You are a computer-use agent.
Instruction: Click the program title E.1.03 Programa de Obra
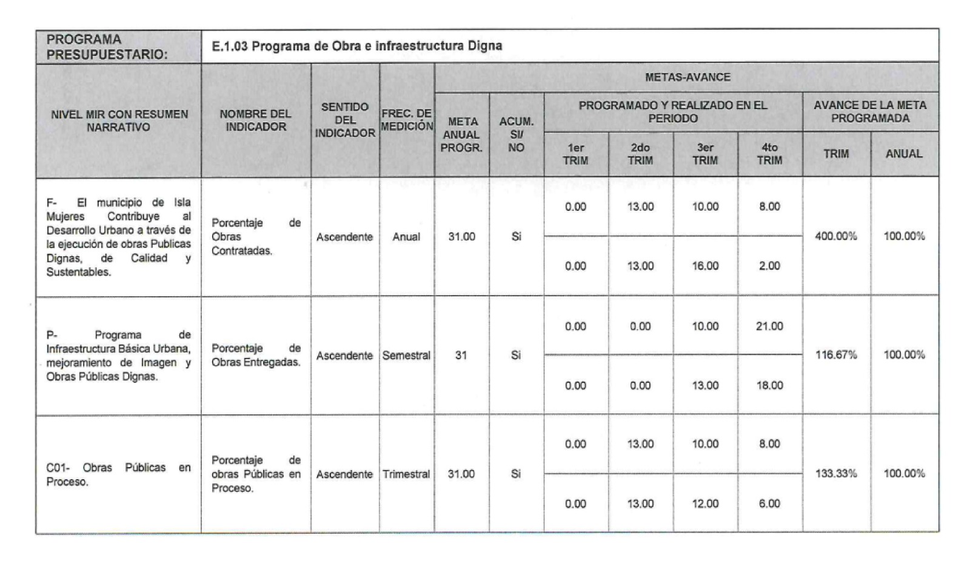click(x=356, y=46)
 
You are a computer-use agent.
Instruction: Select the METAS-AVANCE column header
click(x=687, y=77)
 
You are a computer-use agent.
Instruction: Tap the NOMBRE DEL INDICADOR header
click(x=255, y=120)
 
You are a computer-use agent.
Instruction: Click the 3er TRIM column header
click(x=705, y=154)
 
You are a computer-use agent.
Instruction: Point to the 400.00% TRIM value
click(x=836, y=236)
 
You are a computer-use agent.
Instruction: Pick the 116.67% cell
click(x=836, y=355)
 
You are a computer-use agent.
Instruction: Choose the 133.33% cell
click(x=836, y=474)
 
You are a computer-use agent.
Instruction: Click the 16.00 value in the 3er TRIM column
click(x=705, y=266)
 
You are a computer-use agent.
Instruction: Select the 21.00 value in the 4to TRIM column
click(x=769, y=326)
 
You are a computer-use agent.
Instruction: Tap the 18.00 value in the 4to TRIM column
click(x=769, y=385)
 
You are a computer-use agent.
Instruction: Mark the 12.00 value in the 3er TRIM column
click(x=705, y=503)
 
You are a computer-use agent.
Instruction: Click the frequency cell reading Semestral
click(x=406, y=356)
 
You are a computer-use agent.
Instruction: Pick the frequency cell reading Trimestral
click(x=406, y=474)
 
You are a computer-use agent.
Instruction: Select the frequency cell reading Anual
click(x=406, y=237)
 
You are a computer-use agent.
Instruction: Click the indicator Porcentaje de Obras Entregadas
click(x=255, y=355)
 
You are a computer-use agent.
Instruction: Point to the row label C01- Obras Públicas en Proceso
click(x=118, y=474)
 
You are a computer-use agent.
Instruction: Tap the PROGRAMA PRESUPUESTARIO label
click(x=107, y=47)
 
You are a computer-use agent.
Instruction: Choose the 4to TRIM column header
click(x=769, y=154)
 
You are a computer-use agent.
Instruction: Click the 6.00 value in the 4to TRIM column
click(x=769, y=503)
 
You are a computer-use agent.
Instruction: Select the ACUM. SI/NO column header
click(x=516, y=134)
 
